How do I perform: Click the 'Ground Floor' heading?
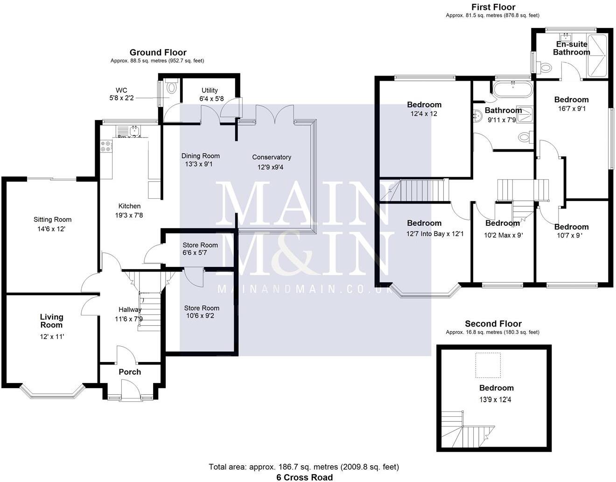tap(158, 53)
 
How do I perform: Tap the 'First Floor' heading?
tap(493, 7)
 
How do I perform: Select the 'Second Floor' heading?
tap(493, 324)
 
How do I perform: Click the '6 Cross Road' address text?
tap(304, 477)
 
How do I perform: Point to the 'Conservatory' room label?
tap(272, 157)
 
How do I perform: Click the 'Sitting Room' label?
tap(53, 219)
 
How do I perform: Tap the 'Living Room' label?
tap(51, 321)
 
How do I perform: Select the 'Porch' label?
tap(130, 372)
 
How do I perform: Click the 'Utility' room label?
tap(210, 91)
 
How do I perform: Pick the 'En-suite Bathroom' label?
tap(571, 48)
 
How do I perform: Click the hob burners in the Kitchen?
tap(105, 147)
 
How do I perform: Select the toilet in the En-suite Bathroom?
tap(544, 68)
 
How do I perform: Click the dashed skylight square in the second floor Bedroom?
tap(488, 365)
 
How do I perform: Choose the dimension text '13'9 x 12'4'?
tap(495, 400)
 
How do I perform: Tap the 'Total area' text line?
tap(304, 467)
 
